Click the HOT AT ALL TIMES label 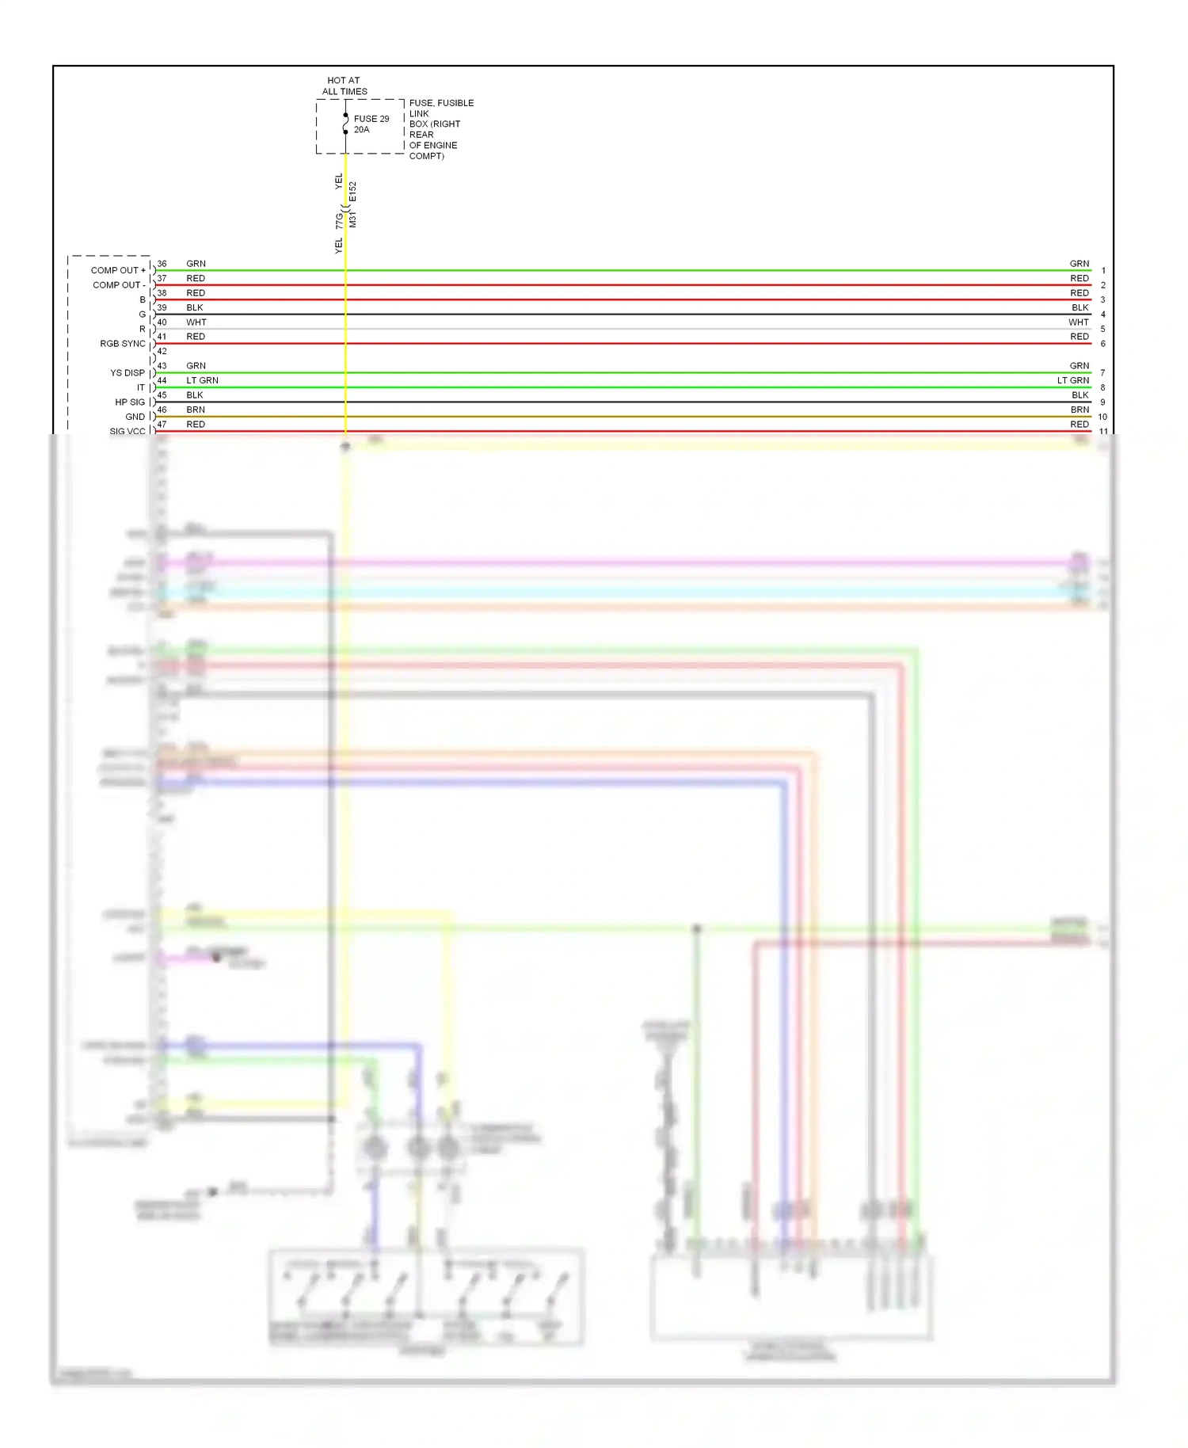pyautogui.click(x=345, y=86)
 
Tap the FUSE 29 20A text pyautogui.click(x=371, y=124)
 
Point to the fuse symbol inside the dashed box pyautogui.click(x=345, y=124)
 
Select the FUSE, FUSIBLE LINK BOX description pyautogui.click(x=440, y=129)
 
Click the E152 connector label pyautogui.click(x=353, y=192)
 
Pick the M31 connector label pyautogui.click(x=353, y=219)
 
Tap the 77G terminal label pyautogui.click(x=339, y=219)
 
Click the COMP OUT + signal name pyautogui.click(x=118, y=270)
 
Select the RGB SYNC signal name pyautogui.click(x=123, y=344)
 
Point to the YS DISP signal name pyautogui.click(x=128, y=373)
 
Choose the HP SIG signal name pyautogui.click(x=130, y=402)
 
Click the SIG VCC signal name pyautogui.click(x=128, y=431)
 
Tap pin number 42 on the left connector pyautogui.click(x=162, y=351)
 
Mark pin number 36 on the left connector pyautogui.click(x=162, y=264)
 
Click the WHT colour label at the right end pyautogui.click(x=1078, y=322)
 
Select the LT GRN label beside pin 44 pyautogui.click(x=202, y=380)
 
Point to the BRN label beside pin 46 pyautogui.click(x=196, y=410)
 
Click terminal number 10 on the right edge pyautogui.click(x=1102, y=417)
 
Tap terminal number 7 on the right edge pyautogui.click(x=1102, y=373)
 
